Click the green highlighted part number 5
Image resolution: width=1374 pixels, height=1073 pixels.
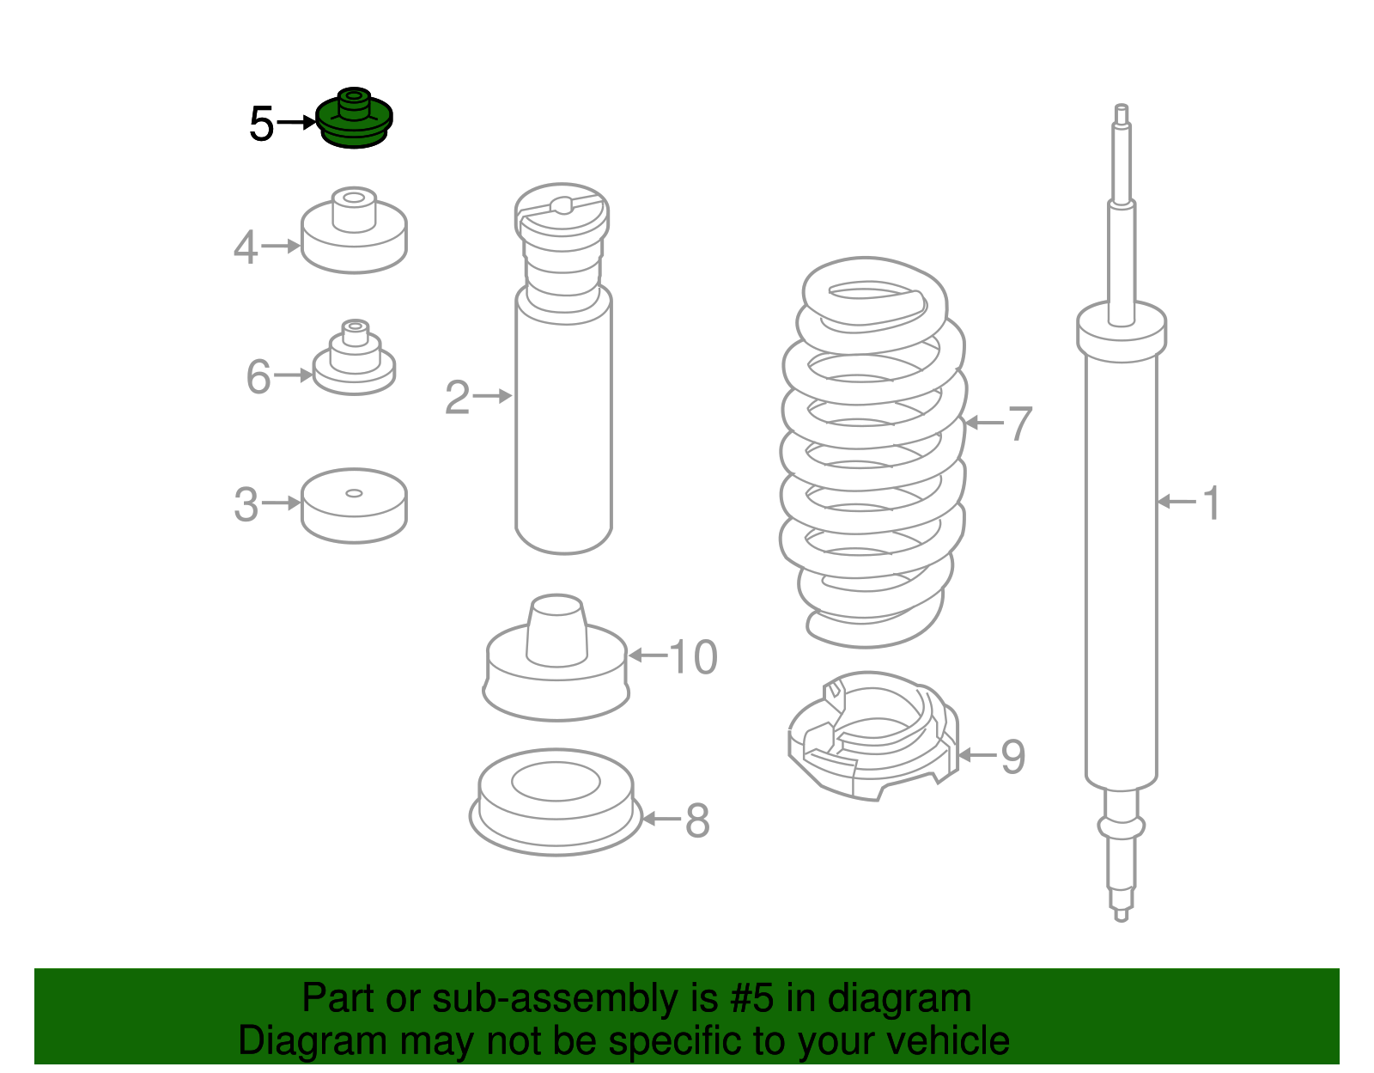(x=354, y=119)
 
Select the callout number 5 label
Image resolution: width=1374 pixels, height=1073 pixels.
(x=261, y=124)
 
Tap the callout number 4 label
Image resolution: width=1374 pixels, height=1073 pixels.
(x=246, y=247)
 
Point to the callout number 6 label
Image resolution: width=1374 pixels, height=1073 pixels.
(x=258, y=377)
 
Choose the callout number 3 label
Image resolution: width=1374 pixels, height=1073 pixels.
(x=246, y=504)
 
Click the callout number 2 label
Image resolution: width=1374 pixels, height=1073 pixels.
(x=457, y=398)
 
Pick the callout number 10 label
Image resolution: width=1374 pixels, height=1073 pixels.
(x=693, y=657)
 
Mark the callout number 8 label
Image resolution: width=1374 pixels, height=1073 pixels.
(x=697, y=820)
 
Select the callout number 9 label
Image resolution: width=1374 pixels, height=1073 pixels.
(x=1013, y=756)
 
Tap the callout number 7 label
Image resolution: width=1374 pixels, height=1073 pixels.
(x=1020, y=423)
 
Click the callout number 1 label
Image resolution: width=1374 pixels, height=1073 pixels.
(x=1212, y=503)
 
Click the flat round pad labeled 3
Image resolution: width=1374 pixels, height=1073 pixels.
(x=354, y=505)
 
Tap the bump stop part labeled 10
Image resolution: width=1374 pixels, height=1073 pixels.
(x=556, y=657)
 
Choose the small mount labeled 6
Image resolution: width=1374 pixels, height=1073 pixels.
(x=354, y=358)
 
